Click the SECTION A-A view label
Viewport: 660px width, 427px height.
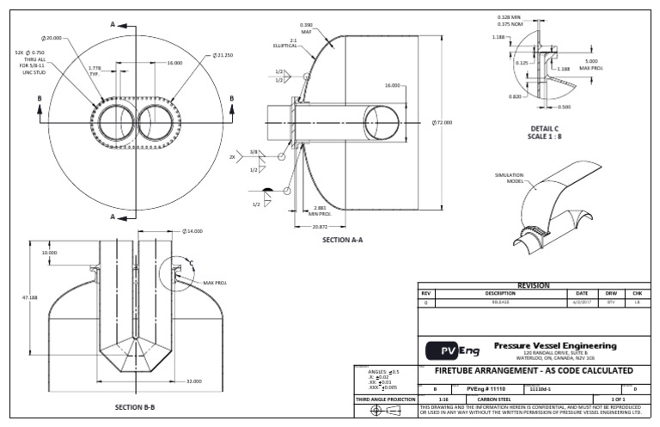click(342, 240)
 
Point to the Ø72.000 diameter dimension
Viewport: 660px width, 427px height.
click(442, 123)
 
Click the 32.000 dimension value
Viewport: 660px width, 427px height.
click(193, 381)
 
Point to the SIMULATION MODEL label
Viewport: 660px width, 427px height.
click(510, 177)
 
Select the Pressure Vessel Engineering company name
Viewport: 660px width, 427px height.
click(556, 345)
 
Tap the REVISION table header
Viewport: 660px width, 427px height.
click(532, 285)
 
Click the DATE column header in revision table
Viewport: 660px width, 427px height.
click(582, 294)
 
